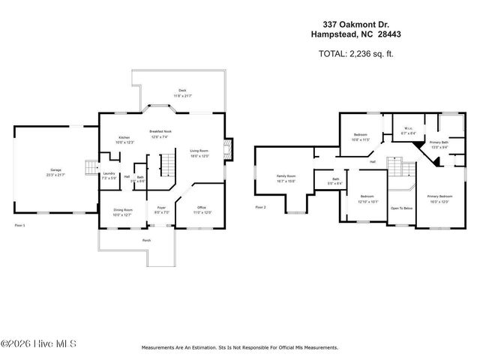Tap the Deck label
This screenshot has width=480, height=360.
coord(182,89)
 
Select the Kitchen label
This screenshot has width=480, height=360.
coord(124,138)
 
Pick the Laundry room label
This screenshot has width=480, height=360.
coord(109,173)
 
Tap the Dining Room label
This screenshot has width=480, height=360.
coord(123,210)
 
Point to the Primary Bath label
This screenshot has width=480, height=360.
coord(439,142)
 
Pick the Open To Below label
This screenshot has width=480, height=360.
coord(402,208)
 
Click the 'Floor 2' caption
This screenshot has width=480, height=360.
coord(260,206)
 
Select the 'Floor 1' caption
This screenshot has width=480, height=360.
coord(20,223)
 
